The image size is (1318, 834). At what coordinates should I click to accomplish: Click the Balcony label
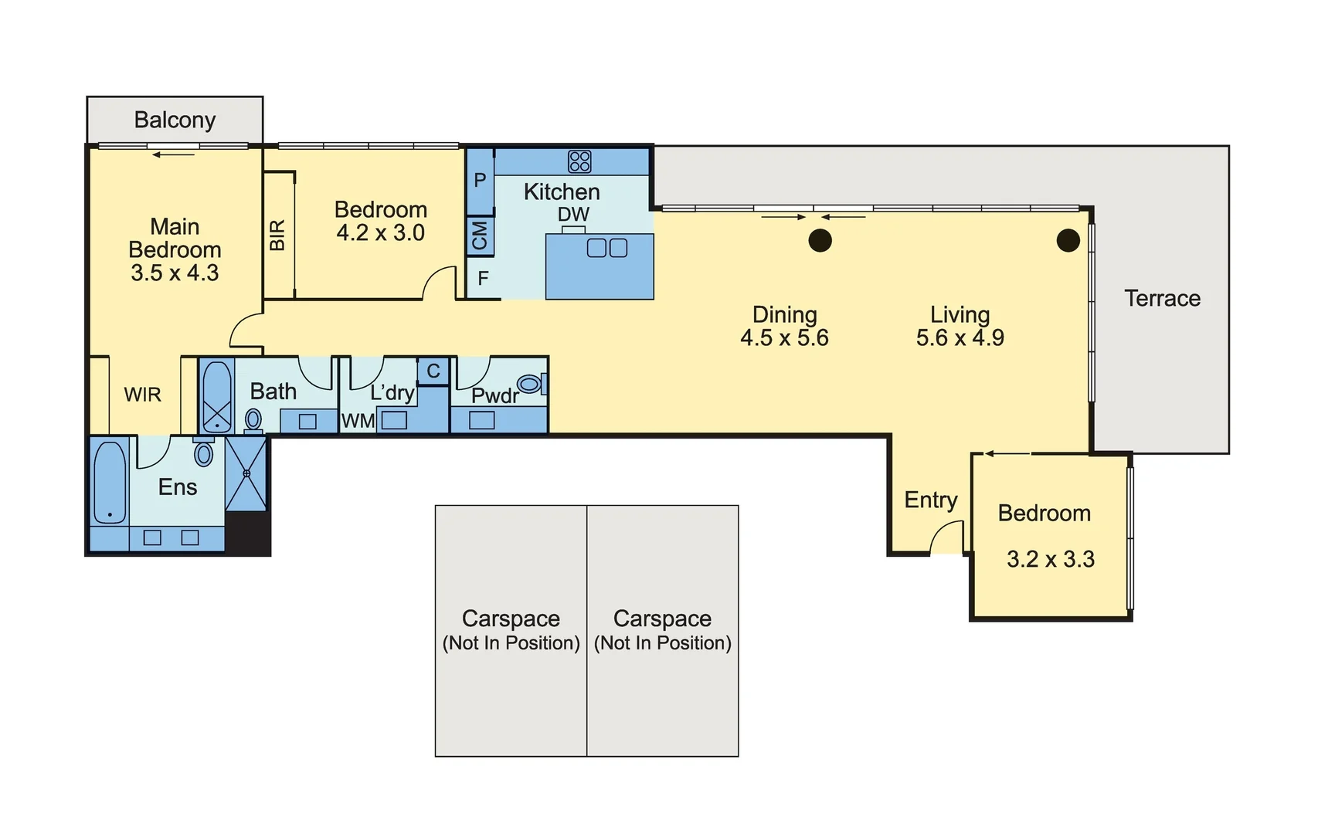[175, 120]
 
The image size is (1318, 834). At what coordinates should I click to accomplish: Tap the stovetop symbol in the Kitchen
[579, 161]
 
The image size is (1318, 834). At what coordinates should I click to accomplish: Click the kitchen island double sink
[607, 248]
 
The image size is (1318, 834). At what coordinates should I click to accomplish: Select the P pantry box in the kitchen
[480, 181]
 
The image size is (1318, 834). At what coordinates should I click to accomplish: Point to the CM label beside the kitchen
[480, 236]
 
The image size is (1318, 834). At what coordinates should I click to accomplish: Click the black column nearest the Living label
[1068, 241]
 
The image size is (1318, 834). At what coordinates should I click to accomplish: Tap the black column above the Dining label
[820, 241]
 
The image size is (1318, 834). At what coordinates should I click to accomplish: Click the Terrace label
[1162, 298]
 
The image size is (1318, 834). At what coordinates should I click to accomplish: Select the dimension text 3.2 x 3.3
[1050, 559]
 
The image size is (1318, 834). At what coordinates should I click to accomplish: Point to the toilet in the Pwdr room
[530, 384]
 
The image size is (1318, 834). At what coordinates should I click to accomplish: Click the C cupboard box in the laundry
[433, 371]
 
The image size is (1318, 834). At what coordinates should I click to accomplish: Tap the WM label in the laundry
[358, 421]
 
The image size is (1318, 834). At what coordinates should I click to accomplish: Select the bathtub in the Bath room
[217, 396]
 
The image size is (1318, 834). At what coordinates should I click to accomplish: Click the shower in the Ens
[246, 473]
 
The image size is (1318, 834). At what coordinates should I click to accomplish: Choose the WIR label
[143, 395]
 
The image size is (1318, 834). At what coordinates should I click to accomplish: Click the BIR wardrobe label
[278, 235]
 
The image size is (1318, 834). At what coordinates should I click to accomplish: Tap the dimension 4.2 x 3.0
[380, 232]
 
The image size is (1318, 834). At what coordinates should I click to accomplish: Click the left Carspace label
[511, 619]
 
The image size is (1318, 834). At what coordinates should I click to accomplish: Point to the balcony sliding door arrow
[174, 155]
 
